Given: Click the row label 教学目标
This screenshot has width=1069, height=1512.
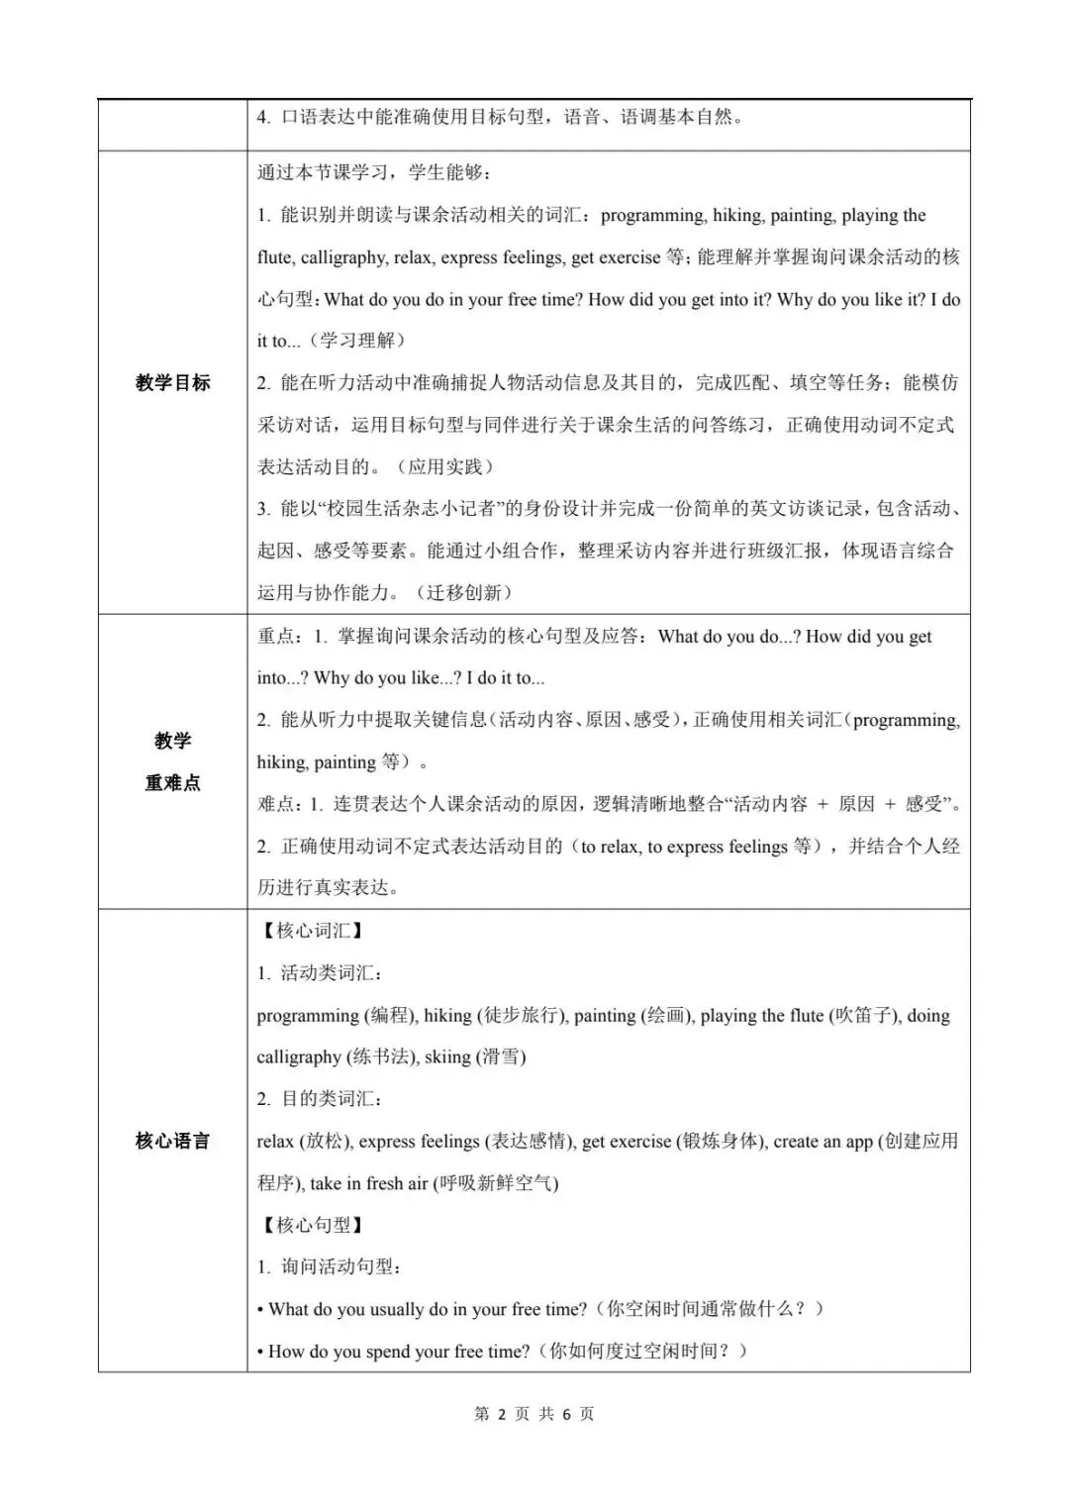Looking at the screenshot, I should pyautogui.click(x=172, y=382).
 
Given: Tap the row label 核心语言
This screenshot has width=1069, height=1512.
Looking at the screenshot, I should pyautogui.click(x=172, y=1141).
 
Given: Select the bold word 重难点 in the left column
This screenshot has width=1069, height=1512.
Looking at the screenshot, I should pyautogui.click(x=172, y=782).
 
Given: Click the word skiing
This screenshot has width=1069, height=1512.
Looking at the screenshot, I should pyautogui.click(x=447, y=1057).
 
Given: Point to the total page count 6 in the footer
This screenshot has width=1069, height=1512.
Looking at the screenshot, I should pyautogui.click(x=567, y=1414).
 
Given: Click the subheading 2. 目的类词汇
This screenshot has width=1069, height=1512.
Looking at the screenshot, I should pyautogui.click(x=321, y=1099).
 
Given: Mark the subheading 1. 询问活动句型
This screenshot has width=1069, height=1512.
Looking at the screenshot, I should pyautogui.click(x=329, y=1266).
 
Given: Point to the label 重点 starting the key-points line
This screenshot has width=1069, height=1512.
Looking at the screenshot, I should pyautogui.click(x=276, y=637).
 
